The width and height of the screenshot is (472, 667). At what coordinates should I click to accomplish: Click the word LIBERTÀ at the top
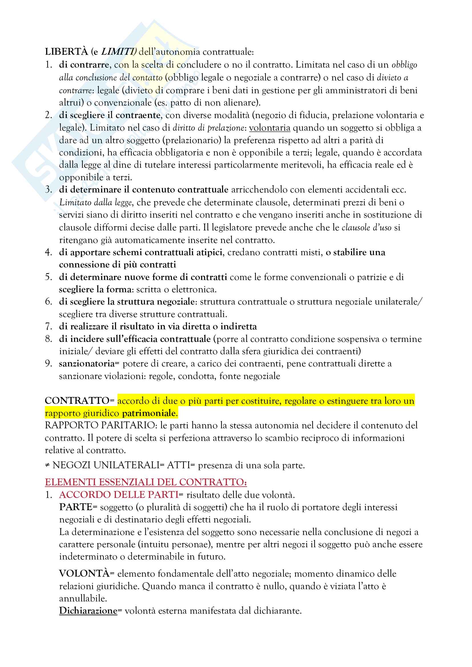coord(66,52)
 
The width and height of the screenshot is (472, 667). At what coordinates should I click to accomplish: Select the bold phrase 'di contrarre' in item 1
coord(84,64)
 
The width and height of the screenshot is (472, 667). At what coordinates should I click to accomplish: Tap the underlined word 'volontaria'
coord(270,128)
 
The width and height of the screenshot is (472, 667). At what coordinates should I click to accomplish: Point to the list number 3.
coord(48,190)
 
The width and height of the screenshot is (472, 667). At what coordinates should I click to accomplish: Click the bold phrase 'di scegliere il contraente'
coord(110,115)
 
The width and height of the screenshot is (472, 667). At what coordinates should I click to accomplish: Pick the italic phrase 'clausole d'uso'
coord(366,228)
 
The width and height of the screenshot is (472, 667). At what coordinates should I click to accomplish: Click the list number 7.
coord(48,327)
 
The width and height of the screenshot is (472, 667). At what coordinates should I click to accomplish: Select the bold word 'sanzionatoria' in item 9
coord(87,364)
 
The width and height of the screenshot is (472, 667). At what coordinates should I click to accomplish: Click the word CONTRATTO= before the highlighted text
coord(79,401)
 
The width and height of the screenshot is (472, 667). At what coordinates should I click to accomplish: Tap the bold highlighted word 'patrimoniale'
coord(149,413)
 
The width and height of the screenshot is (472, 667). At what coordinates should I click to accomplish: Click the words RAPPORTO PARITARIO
coord(100,425)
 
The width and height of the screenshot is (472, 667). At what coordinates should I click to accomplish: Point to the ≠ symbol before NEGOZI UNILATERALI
coord(47,465)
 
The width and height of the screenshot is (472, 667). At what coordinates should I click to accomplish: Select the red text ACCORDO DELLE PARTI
coord(119,495)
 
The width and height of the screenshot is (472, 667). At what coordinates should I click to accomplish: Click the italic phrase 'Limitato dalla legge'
coord(96,202)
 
